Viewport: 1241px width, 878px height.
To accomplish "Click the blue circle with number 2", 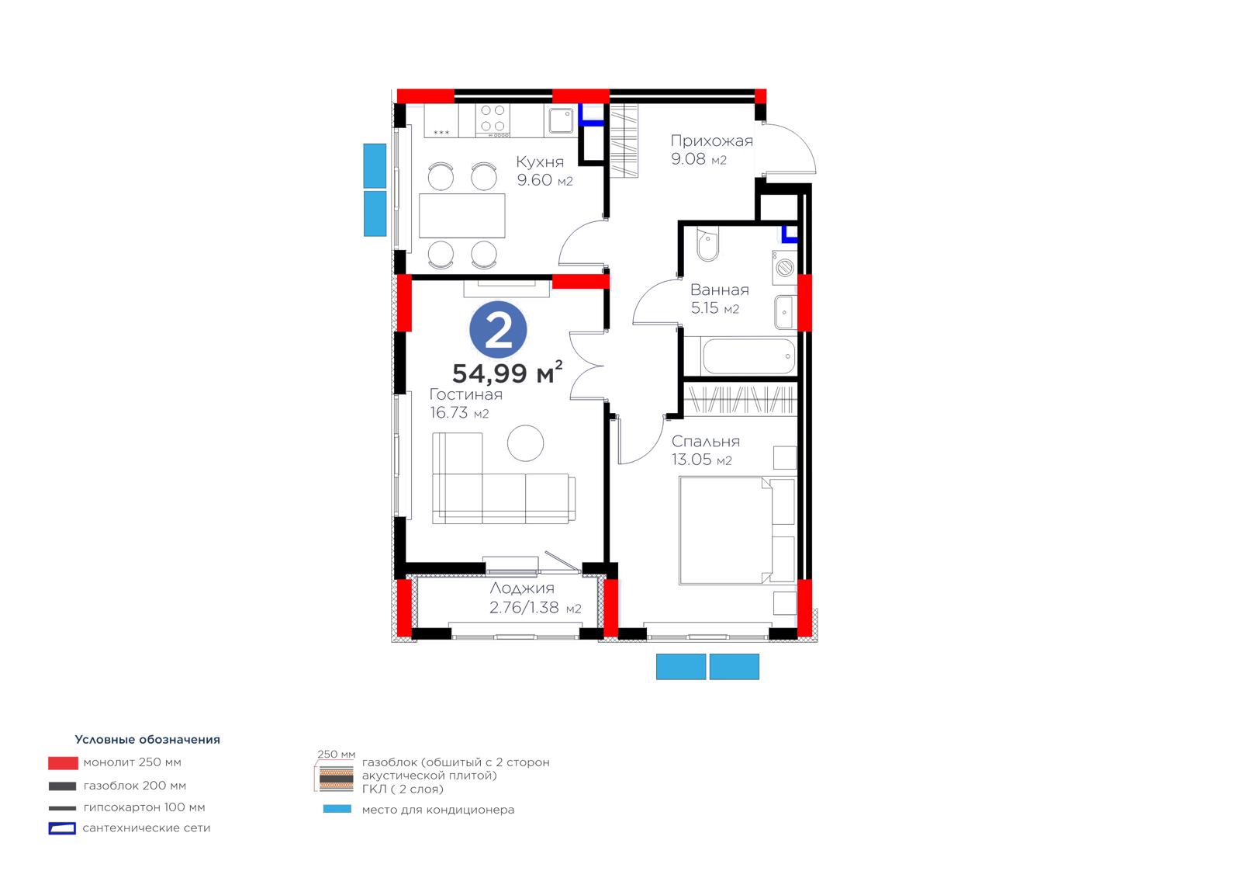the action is pyautogui.click(x=497, y=329).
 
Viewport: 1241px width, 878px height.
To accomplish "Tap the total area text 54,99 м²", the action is pyautogui.click(x=507, y=372).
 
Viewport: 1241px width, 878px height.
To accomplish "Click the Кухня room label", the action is pyautogui.click(x=540, y=162).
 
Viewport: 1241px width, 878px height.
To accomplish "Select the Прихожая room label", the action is pyautogui.click(x=711, y=141).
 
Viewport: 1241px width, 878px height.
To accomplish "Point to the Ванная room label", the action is pyautogui.click(x=719, y=290).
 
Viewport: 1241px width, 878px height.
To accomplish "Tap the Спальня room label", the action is pyautogui.click(x=705, y=442).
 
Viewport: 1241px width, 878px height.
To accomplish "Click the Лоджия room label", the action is pyautogui.click(x=522, y=588).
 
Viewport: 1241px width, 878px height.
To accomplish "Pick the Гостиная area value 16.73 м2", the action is pyautogui.click(x=459, y=413).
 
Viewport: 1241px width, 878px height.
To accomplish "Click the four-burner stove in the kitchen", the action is pyautogui.click(x=493, y=121).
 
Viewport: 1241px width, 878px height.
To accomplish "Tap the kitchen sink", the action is pyautogui.click(x=562, y=121).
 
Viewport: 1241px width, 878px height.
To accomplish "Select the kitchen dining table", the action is pyautogui.click(x=462, y=216).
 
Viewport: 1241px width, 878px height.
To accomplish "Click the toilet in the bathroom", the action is pyautogui.click(x=707, y=244).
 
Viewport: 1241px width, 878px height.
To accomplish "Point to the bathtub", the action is pyautogui.click(x=748, y=356).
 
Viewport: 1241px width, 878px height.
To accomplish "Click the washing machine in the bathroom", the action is pyautogui.click(x=784, y=268).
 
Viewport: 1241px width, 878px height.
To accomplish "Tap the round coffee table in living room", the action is pyautogui.click(x=525, y=443).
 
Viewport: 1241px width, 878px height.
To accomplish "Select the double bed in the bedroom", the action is pyautogui.click(x=738, y=531).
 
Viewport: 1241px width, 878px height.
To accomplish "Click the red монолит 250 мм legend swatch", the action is pyautogui.click(x=63, y=763).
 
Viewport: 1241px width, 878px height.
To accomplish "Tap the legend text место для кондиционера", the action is pyautogui.click(x=437, y=810).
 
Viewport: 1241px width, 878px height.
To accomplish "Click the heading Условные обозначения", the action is pyautogui.click(x=147, y=739).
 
